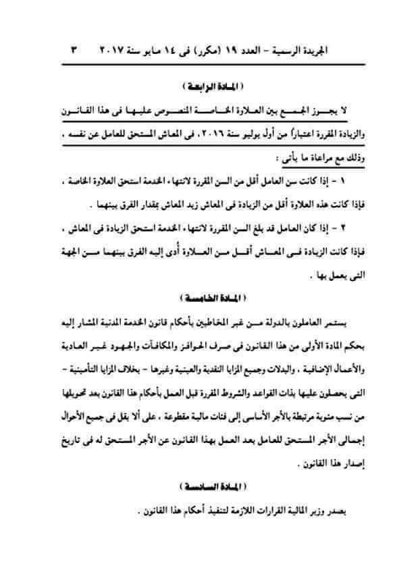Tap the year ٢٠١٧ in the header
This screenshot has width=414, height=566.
pos(115,52)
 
